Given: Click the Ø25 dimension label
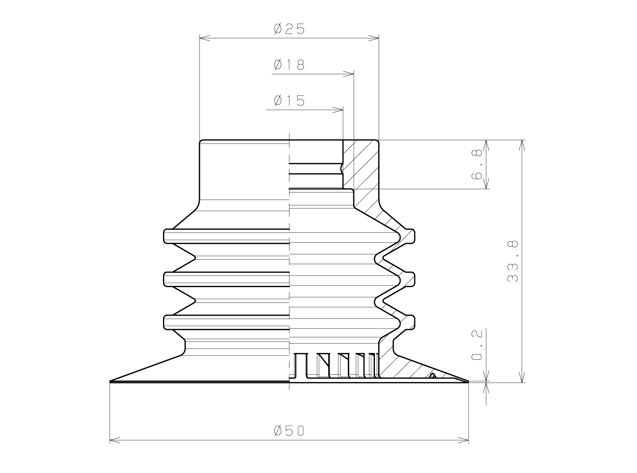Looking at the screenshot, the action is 289,29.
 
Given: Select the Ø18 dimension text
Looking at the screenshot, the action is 289,65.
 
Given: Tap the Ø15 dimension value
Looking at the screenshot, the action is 289,100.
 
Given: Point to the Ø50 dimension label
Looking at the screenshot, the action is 289,431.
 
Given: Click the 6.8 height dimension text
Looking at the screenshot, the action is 477,164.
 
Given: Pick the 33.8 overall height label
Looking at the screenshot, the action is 513,261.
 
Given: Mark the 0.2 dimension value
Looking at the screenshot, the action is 477,345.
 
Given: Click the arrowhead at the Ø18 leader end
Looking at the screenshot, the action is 348,74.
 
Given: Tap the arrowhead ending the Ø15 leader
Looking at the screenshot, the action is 338,110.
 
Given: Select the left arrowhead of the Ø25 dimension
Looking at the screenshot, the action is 205,38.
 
